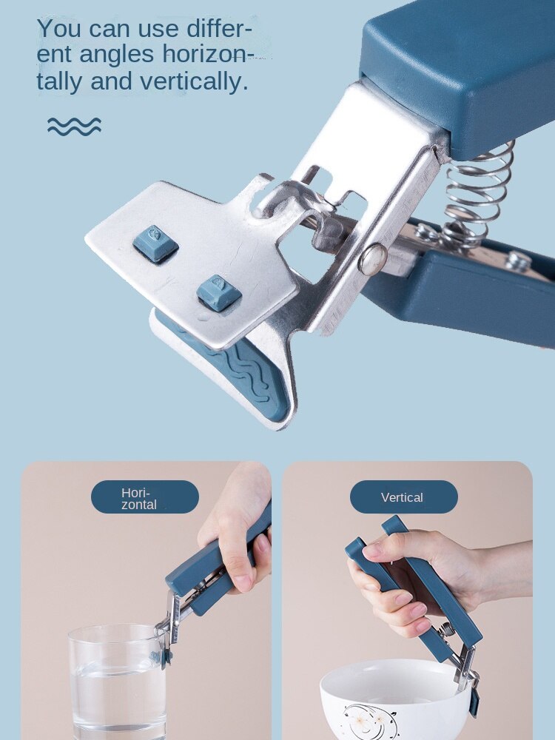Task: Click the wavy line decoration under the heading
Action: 74,127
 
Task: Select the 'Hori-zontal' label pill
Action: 145,497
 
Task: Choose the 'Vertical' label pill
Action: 403,497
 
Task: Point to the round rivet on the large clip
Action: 374,258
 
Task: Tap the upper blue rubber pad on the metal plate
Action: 155,243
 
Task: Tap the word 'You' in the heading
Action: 60,29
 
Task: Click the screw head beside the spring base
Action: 519,260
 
